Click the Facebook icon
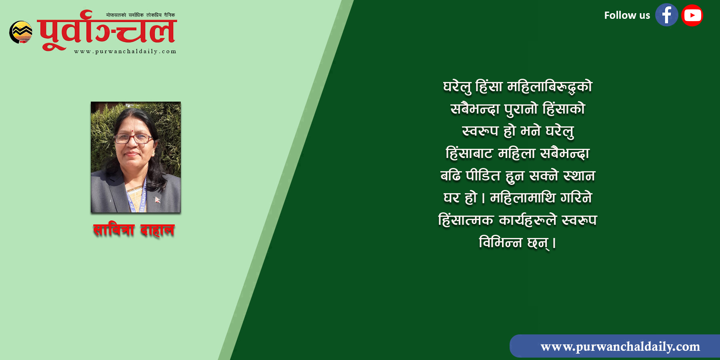point(666,15)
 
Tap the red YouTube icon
point(692,15)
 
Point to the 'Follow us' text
point(627,16)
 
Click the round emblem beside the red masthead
point(21,32)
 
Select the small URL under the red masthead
point(125,52)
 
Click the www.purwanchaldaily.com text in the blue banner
point(620,346)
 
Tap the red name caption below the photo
point(134,230)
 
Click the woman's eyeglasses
point(134,139)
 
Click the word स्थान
point(579,176)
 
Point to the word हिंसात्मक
point(466,220)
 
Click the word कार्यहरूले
point(528,220)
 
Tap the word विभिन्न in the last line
point(500,242)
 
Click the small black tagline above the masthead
point(140,15)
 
